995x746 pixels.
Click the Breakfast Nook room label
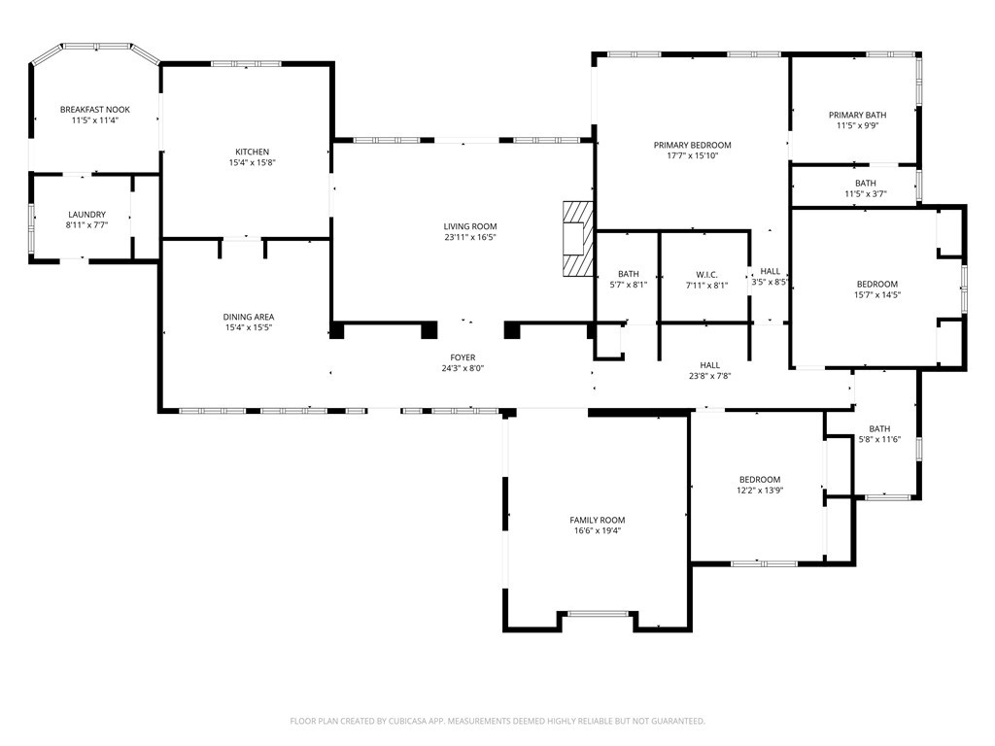point(95,110)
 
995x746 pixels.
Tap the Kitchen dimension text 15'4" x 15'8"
point(253,162)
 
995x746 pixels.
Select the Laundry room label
point(86,215)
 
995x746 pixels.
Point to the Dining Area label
point(249,317)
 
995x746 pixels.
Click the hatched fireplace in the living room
point(577,239)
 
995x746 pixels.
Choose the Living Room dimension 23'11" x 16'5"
point(470,237)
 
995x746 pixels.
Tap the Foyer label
point(463,357)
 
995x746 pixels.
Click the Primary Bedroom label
point(692,146)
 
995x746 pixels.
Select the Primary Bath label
point(857,115)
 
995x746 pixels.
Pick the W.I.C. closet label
point(707,275)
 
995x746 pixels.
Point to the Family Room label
point(598,521)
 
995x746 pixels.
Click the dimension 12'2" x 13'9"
point(760,491)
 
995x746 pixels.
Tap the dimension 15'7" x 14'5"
point(877,294)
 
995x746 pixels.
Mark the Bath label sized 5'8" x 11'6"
point(879,428)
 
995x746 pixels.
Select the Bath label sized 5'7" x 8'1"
point(629,274)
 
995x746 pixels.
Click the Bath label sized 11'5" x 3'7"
point(866,184)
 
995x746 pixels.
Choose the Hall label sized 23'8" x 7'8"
point(710,365)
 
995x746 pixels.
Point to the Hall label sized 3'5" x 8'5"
point(771,272)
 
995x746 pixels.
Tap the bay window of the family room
point(598,614)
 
